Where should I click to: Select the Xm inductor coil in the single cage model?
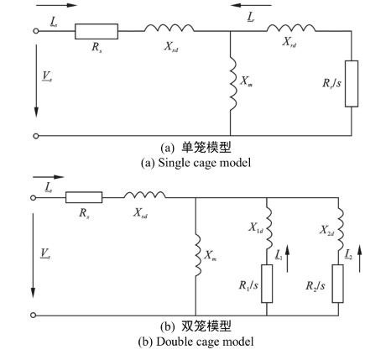[x=233, y=84]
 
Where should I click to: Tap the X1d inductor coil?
[x=268, y=228]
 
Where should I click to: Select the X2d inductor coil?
[x=341, y=228]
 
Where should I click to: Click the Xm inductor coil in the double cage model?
[x=198, y=255]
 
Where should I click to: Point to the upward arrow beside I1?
[x=287, y=258]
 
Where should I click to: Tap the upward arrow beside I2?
[x=359, y=258]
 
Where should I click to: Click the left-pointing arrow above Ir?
[x=252, y=5]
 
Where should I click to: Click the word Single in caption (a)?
[x=172, y=163]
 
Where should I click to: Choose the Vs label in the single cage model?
[x=47, y=76]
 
